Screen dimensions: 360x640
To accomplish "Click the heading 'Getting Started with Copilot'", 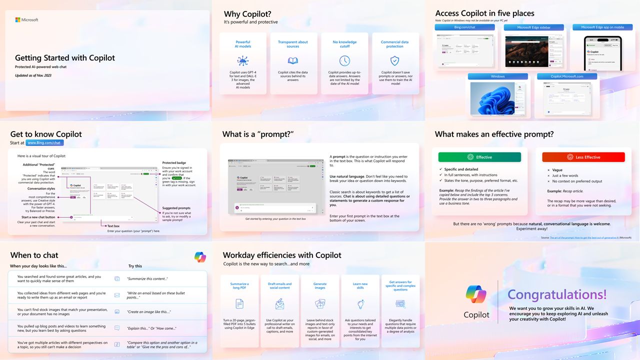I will coord(65,58).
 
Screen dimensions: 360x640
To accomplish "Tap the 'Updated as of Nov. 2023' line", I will coord(33,75).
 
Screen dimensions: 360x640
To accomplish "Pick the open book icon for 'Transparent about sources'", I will coord(293,61).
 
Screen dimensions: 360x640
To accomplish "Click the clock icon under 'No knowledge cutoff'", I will coord(344,61).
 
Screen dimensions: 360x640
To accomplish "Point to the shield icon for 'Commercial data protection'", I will coord(394,61).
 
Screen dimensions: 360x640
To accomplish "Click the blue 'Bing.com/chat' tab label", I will coord(464,27).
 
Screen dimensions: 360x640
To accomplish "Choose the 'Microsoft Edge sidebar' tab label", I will coord(533,27).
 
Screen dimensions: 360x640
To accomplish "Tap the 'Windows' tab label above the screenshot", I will coord(497,76).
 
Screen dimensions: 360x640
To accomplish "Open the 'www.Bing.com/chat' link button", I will coord(44,143).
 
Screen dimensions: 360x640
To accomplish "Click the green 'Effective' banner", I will coord(479,157).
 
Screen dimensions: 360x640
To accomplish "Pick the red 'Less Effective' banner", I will coord(583,157).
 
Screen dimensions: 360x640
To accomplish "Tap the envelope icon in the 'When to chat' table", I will coord(117,295).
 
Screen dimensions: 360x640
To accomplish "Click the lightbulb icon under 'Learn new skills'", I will coord(360,304).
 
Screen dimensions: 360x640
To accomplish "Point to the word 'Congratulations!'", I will coord(557,294).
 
